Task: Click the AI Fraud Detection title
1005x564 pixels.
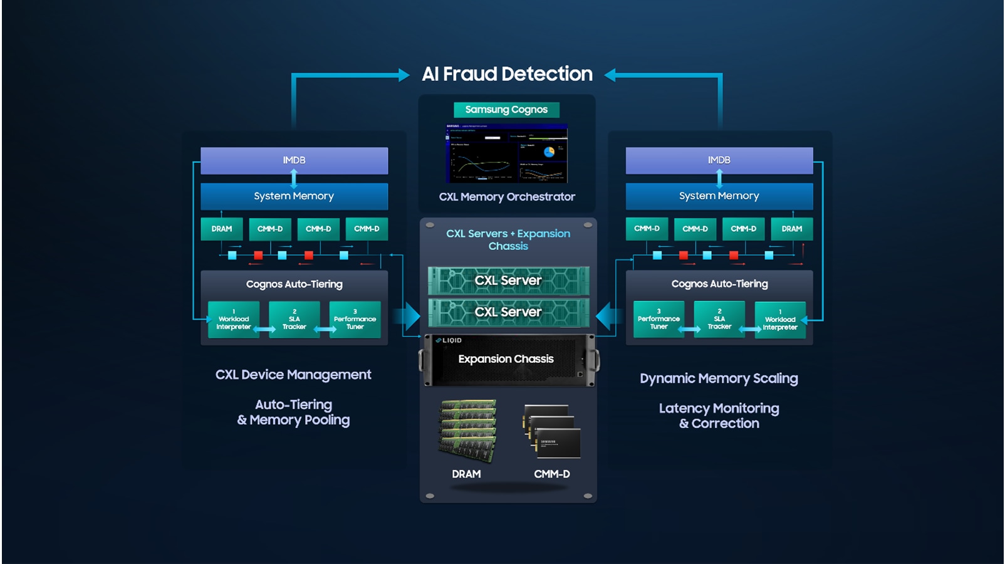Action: click(x=507, y=74)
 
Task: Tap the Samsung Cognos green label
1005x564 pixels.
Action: click(x=506, y=110)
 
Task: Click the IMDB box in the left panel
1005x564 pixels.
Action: click(x=294, y=160)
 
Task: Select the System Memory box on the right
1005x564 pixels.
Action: click(x=719, y=196)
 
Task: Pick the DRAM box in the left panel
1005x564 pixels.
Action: click(x=221, y=229)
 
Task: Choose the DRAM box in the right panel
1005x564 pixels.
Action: click(x=791, y=229)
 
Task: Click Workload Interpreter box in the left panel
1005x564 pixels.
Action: click(x=234, y=320)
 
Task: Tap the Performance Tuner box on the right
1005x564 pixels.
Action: click(x=659, y=319)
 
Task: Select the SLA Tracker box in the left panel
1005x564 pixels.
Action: click(x=294, y=320)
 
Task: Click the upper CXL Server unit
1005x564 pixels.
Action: click(x=508, y=280)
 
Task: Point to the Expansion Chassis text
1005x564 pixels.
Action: click(x=506, y=359)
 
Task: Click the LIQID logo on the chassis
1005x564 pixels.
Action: click(x=449, y=340)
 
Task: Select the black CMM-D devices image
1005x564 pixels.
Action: click(x=552, y=432)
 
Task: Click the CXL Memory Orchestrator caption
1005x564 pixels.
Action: click(x=507, y=197)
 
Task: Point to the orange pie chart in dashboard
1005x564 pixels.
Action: click(x=549, y=152)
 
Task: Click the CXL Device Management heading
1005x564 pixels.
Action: click(x=293, y=375)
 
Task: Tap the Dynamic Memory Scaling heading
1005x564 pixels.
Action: click(x=719, y=379)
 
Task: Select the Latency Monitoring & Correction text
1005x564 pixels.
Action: click(x=719, y=416)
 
